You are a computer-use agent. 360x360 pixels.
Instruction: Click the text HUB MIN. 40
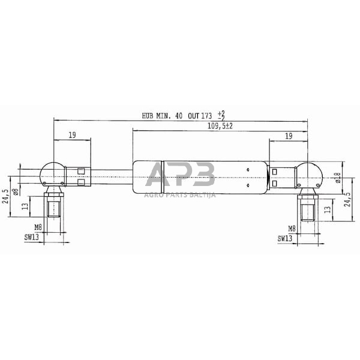[x=162, y=116]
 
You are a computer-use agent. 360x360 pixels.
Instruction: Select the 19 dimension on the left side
[x=72, y=136]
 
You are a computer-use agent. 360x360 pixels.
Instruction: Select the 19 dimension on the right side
[x=288, y=136]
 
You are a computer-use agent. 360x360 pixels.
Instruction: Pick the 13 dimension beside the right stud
[x=326, y=209]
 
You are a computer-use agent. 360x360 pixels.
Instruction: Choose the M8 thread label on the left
[x=37, y=228]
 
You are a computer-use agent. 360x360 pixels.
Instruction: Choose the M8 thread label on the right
[x=292, y=228]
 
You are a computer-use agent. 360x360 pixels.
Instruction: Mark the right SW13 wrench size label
[x=285, y=238]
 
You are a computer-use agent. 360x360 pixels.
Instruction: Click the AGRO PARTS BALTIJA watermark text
[x=180, y=194]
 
